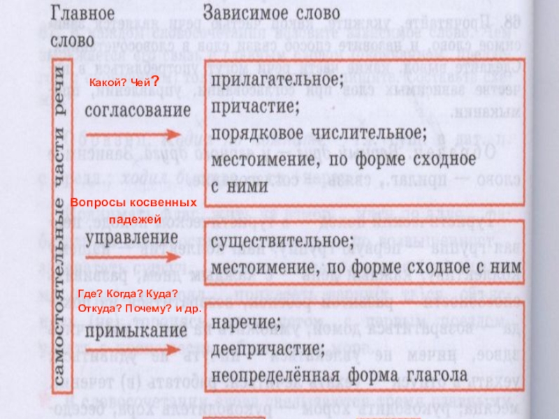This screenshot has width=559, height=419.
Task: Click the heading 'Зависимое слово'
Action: coord(272,14)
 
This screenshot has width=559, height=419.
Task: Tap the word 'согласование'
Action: coord(138,110)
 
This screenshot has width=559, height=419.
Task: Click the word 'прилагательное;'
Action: coord(277,81)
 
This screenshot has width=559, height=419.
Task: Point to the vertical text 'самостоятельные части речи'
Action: coord(61,223)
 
